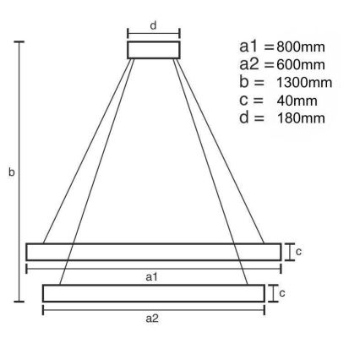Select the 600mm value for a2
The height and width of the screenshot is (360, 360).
point(300,65)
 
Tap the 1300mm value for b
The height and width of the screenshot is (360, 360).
point(304,82)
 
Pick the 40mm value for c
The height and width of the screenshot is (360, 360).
point(297,100)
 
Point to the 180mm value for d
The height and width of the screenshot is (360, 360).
point(300,117)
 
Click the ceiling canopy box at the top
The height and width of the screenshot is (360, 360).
point(154,49)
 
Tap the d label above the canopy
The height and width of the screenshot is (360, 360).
point(153,26)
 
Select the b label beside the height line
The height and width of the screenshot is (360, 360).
point(12,172)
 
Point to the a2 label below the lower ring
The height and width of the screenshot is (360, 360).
point(152,319)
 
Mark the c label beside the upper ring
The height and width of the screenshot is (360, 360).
point(298,251)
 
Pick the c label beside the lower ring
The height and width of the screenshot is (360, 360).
point(281,293)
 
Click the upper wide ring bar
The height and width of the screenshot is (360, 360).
point(153,252)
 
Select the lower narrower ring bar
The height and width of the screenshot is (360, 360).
point(153,293)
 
